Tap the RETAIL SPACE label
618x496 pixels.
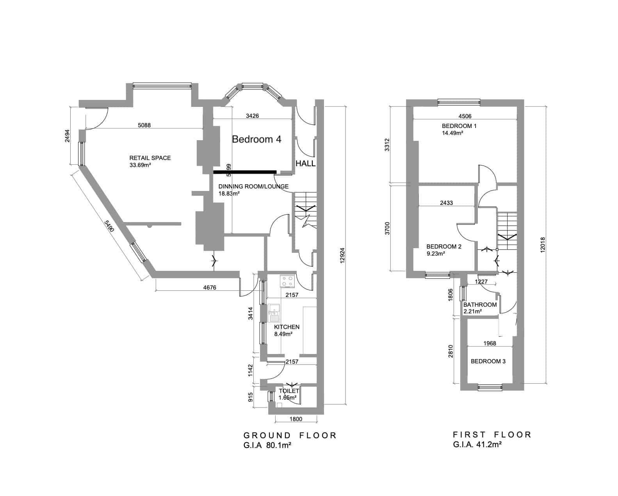[x=150, y=158]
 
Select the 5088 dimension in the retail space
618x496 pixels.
[x=144, y=125]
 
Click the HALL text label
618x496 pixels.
[x=305, y=164]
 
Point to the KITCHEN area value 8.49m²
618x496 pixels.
[x=283, y=334]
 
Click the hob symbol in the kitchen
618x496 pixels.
[x=288, y=281]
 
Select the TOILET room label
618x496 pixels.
[x=289, y=391]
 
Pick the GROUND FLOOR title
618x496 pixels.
[x=290, y=436]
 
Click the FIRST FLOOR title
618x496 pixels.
[x=492, y=435]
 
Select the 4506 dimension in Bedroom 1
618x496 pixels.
[x=464, y=116]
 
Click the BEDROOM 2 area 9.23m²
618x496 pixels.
[x=436, y=254]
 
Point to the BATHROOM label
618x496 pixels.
[x=480, y=305]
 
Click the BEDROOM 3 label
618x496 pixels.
[x=488, y=361]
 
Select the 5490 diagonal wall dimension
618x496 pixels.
[x=109, y=226]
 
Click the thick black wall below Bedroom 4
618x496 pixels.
[x=245, y=172]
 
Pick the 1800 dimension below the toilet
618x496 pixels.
[x=296, y=419]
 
